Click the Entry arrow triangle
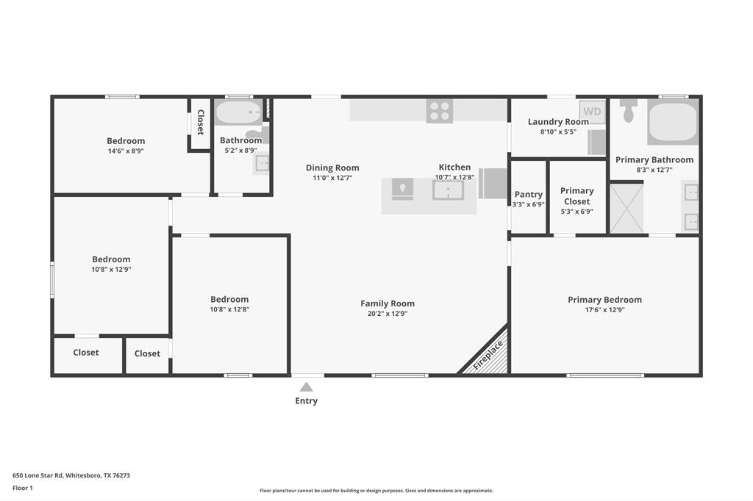coord(306,387)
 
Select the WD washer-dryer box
coord(593,112)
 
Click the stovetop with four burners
coord(440,111)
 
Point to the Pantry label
coord(528,195)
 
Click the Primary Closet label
coord(577,196)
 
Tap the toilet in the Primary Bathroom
coord(628,112)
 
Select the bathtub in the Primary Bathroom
coord(672,123)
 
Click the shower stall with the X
coord(627,209)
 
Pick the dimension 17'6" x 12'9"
coord(604,310)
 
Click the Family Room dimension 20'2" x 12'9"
coord(387,314)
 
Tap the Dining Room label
coord(332,168)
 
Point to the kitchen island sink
coord(447,190)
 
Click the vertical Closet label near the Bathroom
coord(200,123)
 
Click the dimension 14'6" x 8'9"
coord(126,151)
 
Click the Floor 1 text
coord(23,488)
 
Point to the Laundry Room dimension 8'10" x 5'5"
coord(558,132)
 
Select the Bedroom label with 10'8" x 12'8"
coord(229,300)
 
